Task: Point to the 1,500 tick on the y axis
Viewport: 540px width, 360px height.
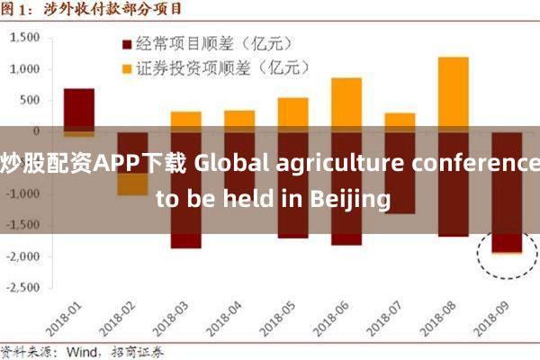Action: (x=28, y=38)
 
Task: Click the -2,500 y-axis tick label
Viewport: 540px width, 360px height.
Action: (x=26, y=288)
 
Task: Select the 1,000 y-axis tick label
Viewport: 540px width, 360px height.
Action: (x=28, y=69)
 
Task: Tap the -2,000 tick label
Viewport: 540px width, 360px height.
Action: (x=26, y=256)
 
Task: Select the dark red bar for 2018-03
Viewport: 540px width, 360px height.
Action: (x=185, y=234)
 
